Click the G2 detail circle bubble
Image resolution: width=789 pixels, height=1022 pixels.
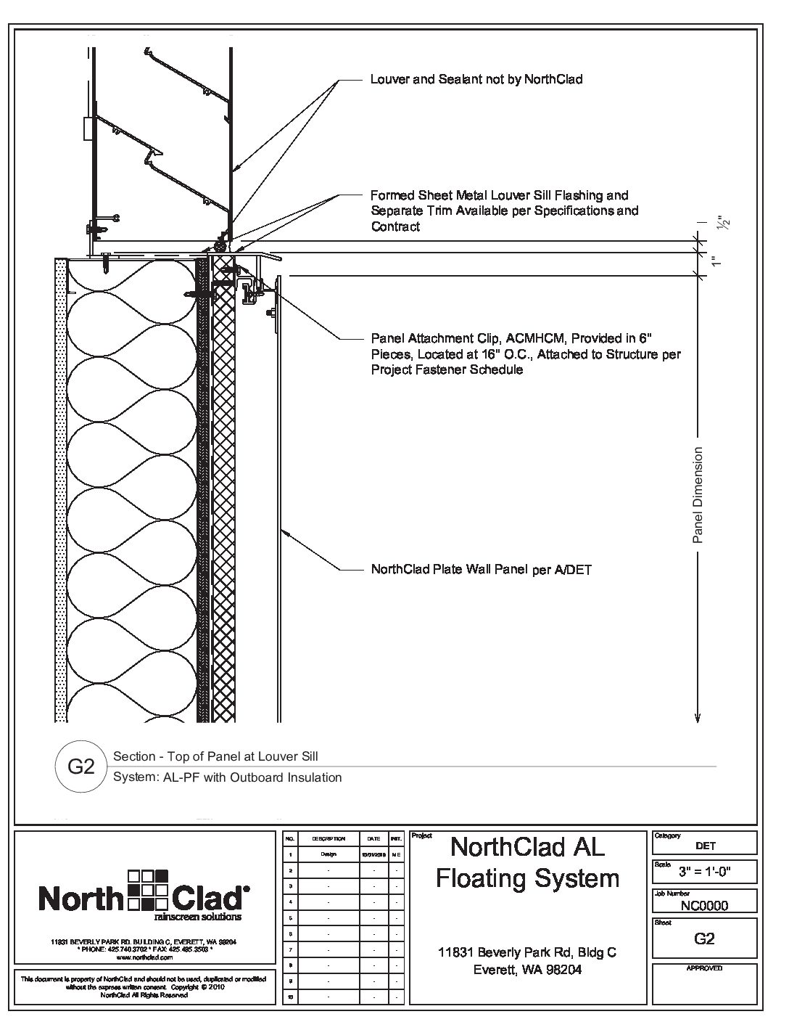[81, 767]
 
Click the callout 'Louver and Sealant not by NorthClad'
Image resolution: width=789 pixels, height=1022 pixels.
[476, 79]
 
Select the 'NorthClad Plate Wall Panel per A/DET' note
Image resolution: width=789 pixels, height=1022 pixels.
[481, 570]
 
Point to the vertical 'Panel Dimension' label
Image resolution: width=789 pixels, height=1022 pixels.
[698, 495]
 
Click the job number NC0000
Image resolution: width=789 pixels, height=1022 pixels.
[704, 905]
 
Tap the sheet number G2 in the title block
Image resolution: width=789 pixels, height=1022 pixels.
[704, 939]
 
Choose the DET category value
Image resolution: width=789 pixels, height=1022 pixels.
[704, 846]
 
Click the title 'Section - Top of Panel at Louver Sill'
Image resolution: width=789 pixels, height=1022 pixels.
[215, 756]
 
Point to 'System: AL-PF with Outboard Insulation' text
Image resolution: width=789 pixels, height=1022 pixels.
[227, 777]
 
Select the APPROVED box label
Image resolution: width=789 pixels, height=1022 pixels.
[704, 968]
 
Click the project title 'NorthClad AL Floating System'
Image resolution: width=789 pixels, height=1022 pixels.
[527, 862]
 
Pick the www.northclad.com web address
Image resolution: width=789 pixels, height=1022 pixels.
[144, 958]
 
